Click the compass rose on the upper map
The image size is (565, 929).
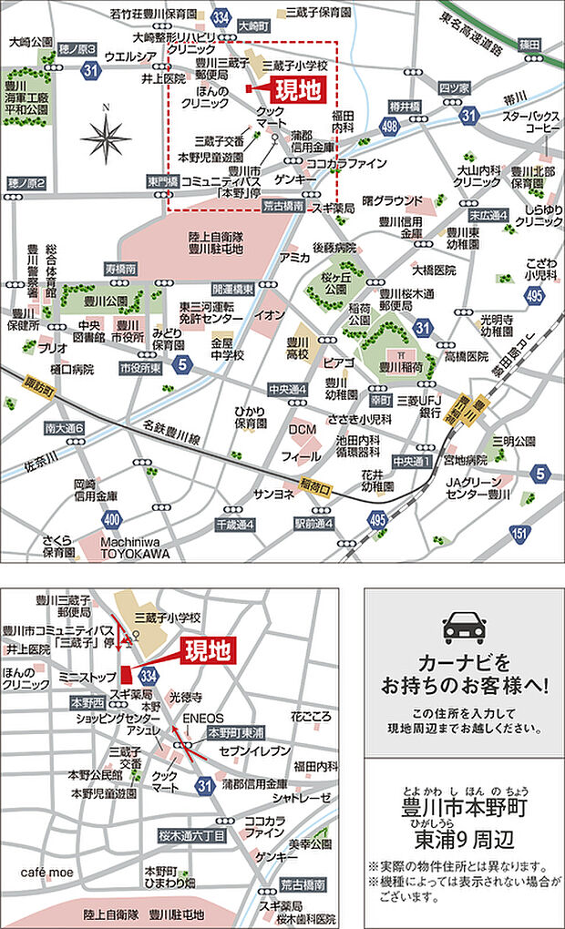[x=107, y=138]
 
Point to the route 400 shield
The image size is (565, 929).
[x=112, y=519]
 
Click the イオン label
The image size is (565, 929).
[x=270, y=315]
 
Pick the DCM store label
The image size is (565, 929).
[x=302, y=430]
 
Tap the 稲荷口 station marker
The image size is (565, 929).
[x=313, y=485]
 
